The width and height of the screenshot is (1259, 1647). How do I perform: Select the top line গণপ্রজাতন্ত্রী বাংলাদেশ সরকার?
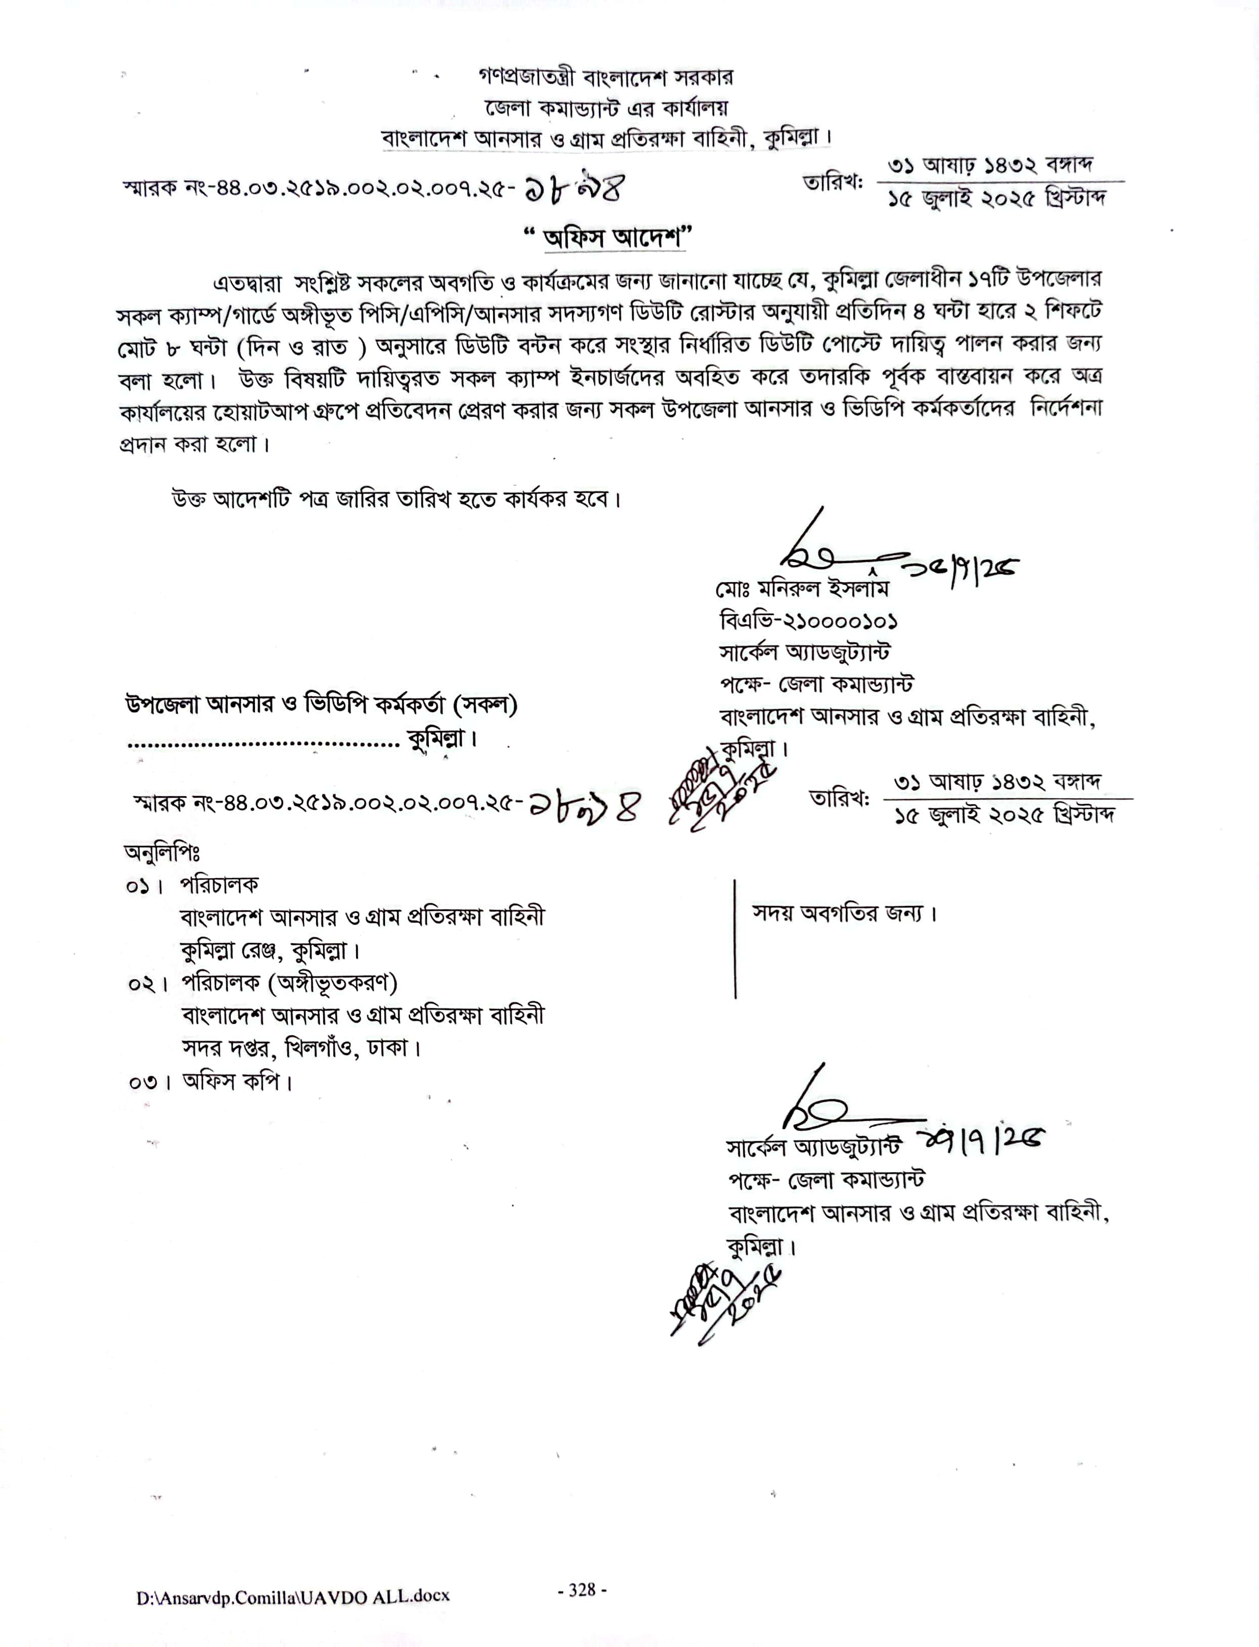click(605, 77)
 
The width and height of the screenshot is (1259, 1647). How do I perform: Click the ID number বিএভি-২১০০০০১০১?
click(808, 621)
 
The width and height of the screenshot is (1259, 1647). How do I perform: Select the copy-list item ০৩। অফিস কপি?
click(210, 1081)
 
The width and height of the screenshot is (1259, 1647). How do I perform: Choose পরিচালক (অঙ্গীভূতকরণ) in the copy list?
click(288, 982)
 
